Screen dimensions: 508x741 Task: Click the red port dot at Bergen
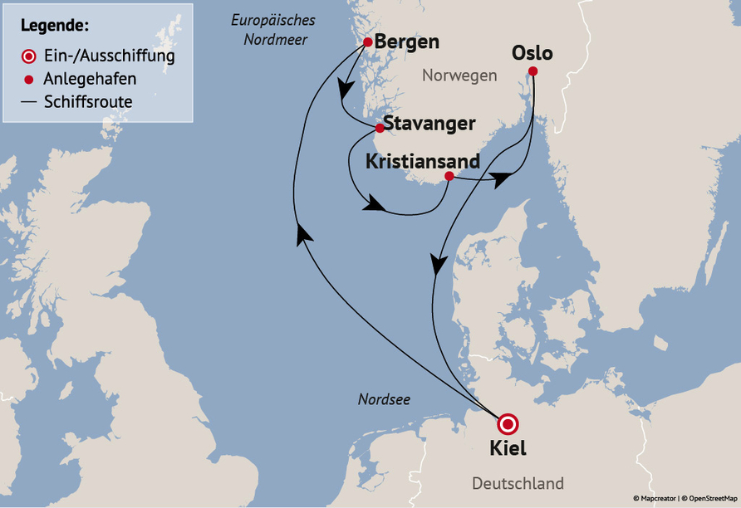(368, 42)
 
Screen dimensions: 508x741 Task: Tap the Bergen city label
(407, 42)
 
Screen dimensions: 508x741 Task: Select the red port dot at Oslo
(532, 71)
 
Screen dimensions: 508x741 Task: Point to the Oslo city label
(532, 53)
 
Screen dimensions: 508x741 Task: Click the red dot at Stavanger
(380, 128)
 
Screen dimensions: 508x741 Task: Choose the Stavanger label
(429, 124)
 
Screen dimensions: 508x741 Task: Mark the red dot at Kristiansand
(449, 176)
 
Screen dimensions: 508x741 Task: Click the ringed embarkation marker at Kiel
(507, 424)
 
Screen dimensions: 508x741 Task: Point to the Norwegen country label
(459, 76)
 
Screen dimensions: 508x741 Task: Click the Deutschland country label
(518, 483)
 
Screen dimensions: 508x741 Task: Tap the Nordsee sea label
(384, 399)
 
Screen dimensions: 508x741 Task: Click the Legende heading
(55, 25)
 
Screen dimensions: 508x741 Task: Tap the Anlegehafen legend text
(90, 80)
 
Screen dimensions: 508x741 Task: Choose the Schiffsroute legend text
(88, 102)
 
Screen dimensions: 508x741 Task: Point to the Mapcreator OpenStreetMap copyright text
(685, 498)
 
